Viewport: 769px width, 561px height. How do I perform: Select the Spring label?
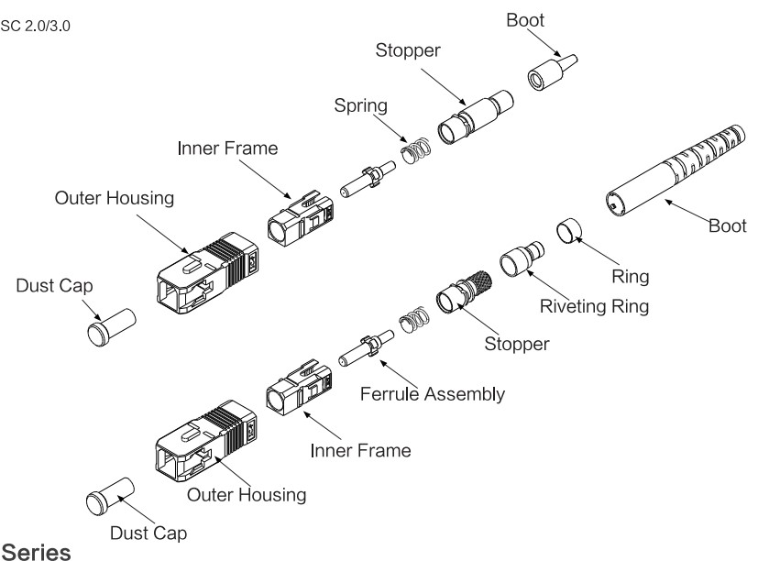point(359,105)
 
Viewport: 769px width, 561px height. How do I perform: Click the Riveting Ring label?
point(593,306)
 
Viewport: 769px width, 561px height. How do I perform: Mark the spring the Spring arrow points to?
point(417,147)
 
